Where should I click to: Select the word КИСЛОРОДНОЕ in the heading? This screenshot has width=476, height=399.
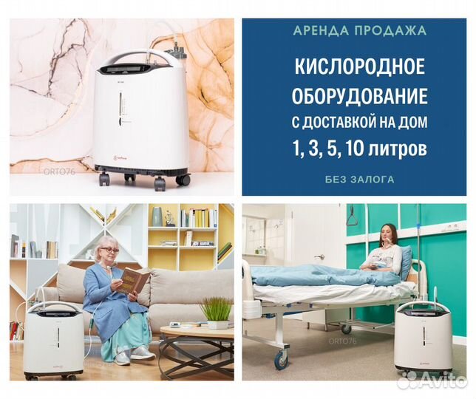[x=359, y=66]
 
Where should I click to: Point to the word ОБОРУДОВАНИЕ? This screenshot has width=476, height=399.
[x=360, y=95]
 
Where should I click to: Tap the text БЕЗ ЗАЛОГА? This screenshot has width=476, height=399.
[x=360, y=180]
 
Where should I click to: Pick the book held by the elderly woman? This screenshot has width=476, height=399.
[x=135, y=280]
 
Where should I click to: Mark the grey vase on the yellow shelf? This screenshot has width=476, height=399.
[x=157, y=216]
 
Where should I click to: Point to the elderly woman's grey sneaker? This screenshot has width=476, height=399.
[x=143, y=352]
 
